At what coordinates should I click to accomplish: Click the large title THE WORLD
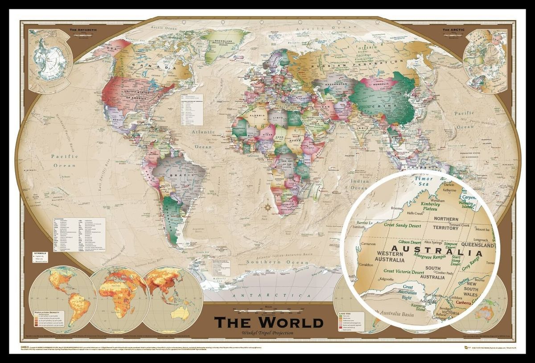click(268, 322)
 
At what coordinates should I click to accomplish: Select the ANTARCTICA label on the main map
click(268, 295)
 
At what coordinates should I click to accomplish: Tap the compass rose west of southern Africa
click(267, 208)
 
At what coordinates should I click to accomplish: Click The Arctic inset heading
click(453, 30)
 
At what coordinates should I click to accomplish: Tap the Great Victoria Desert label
click(403, 271)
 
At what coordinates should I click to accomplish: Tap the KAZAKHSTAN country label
click(337, 84)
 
